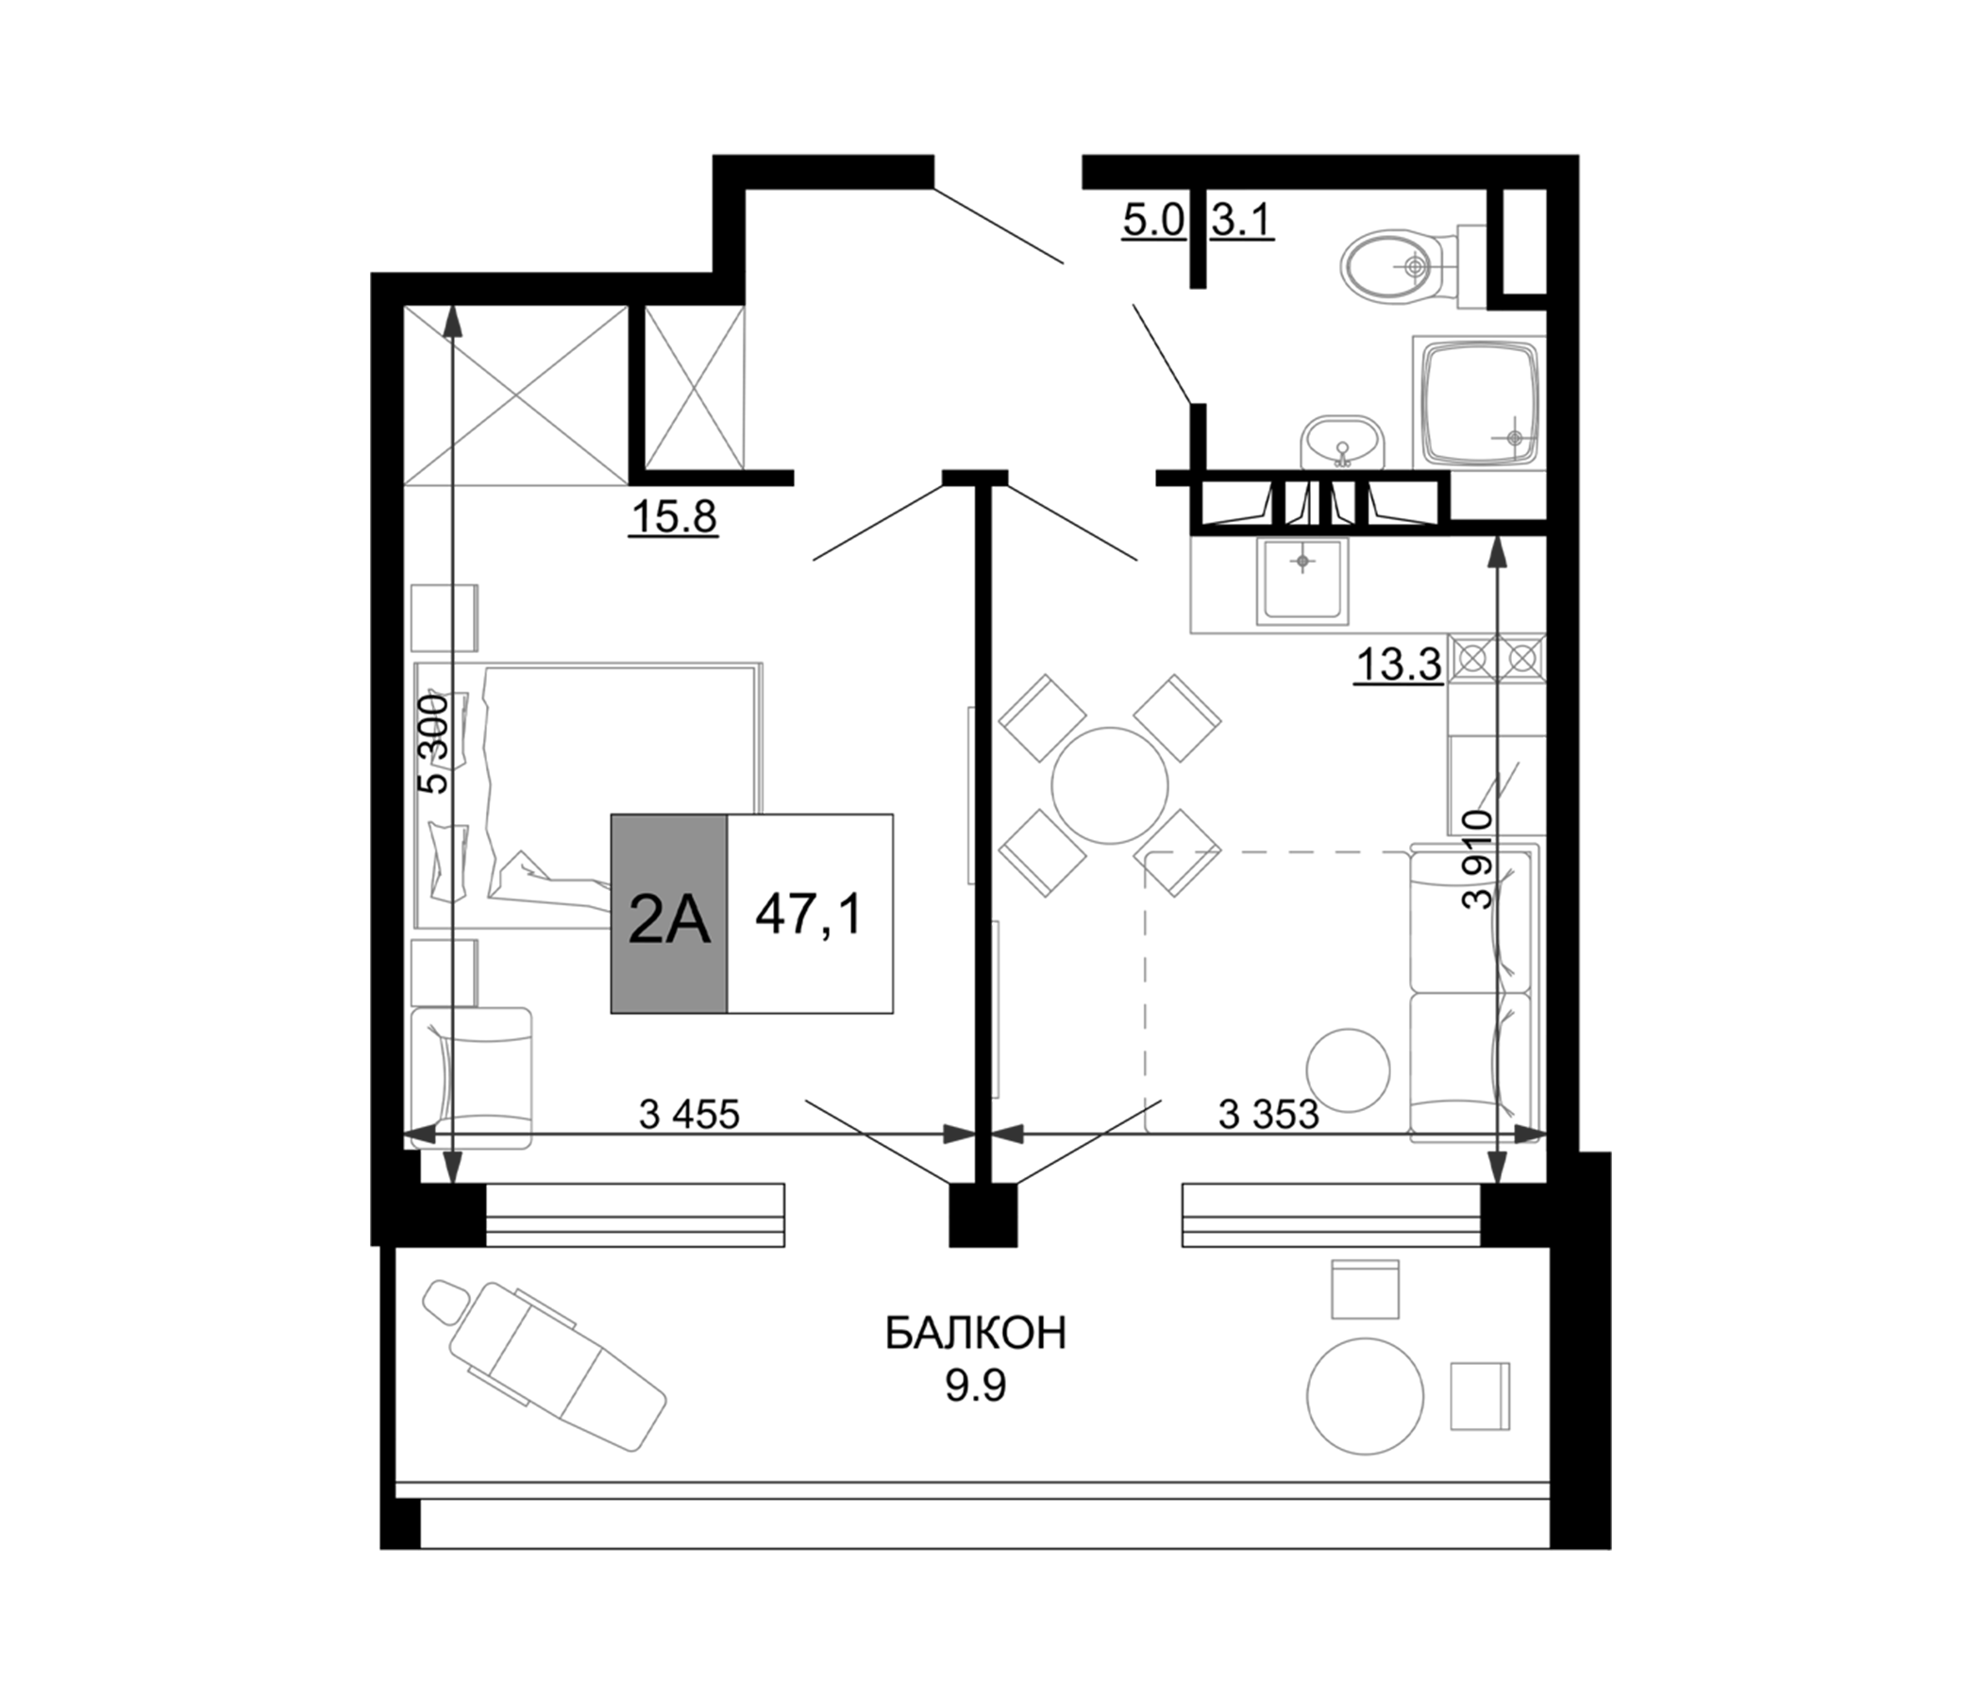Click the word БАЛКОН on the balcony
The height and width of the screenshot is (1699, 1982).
975,1334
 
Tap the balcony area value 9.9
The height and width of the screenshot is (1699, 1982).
976,1388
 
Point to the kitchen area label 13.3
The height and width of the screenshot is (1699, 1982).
1398,664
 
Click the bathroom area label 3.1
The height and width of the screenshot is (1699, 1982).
1242,221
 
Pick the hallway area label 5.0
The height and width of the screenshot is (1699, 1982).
1152,221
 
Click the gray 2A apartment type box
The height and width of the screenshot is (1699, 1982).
668,915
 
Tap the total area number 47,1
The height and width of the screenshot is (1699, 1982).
809,915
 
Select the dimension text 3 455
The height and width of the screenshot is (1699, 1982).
689,1115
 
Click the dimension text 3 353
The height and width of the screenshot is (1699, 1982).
1268,1115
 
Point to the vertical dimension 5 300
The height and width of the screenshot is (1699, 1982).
435,742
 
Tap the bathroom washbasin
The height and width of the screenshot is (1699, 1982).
1342,442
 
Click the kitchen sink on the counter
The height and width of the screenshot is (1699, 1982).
1302,579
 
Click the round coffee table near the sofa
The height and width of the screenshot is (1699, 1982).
1348,1069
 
